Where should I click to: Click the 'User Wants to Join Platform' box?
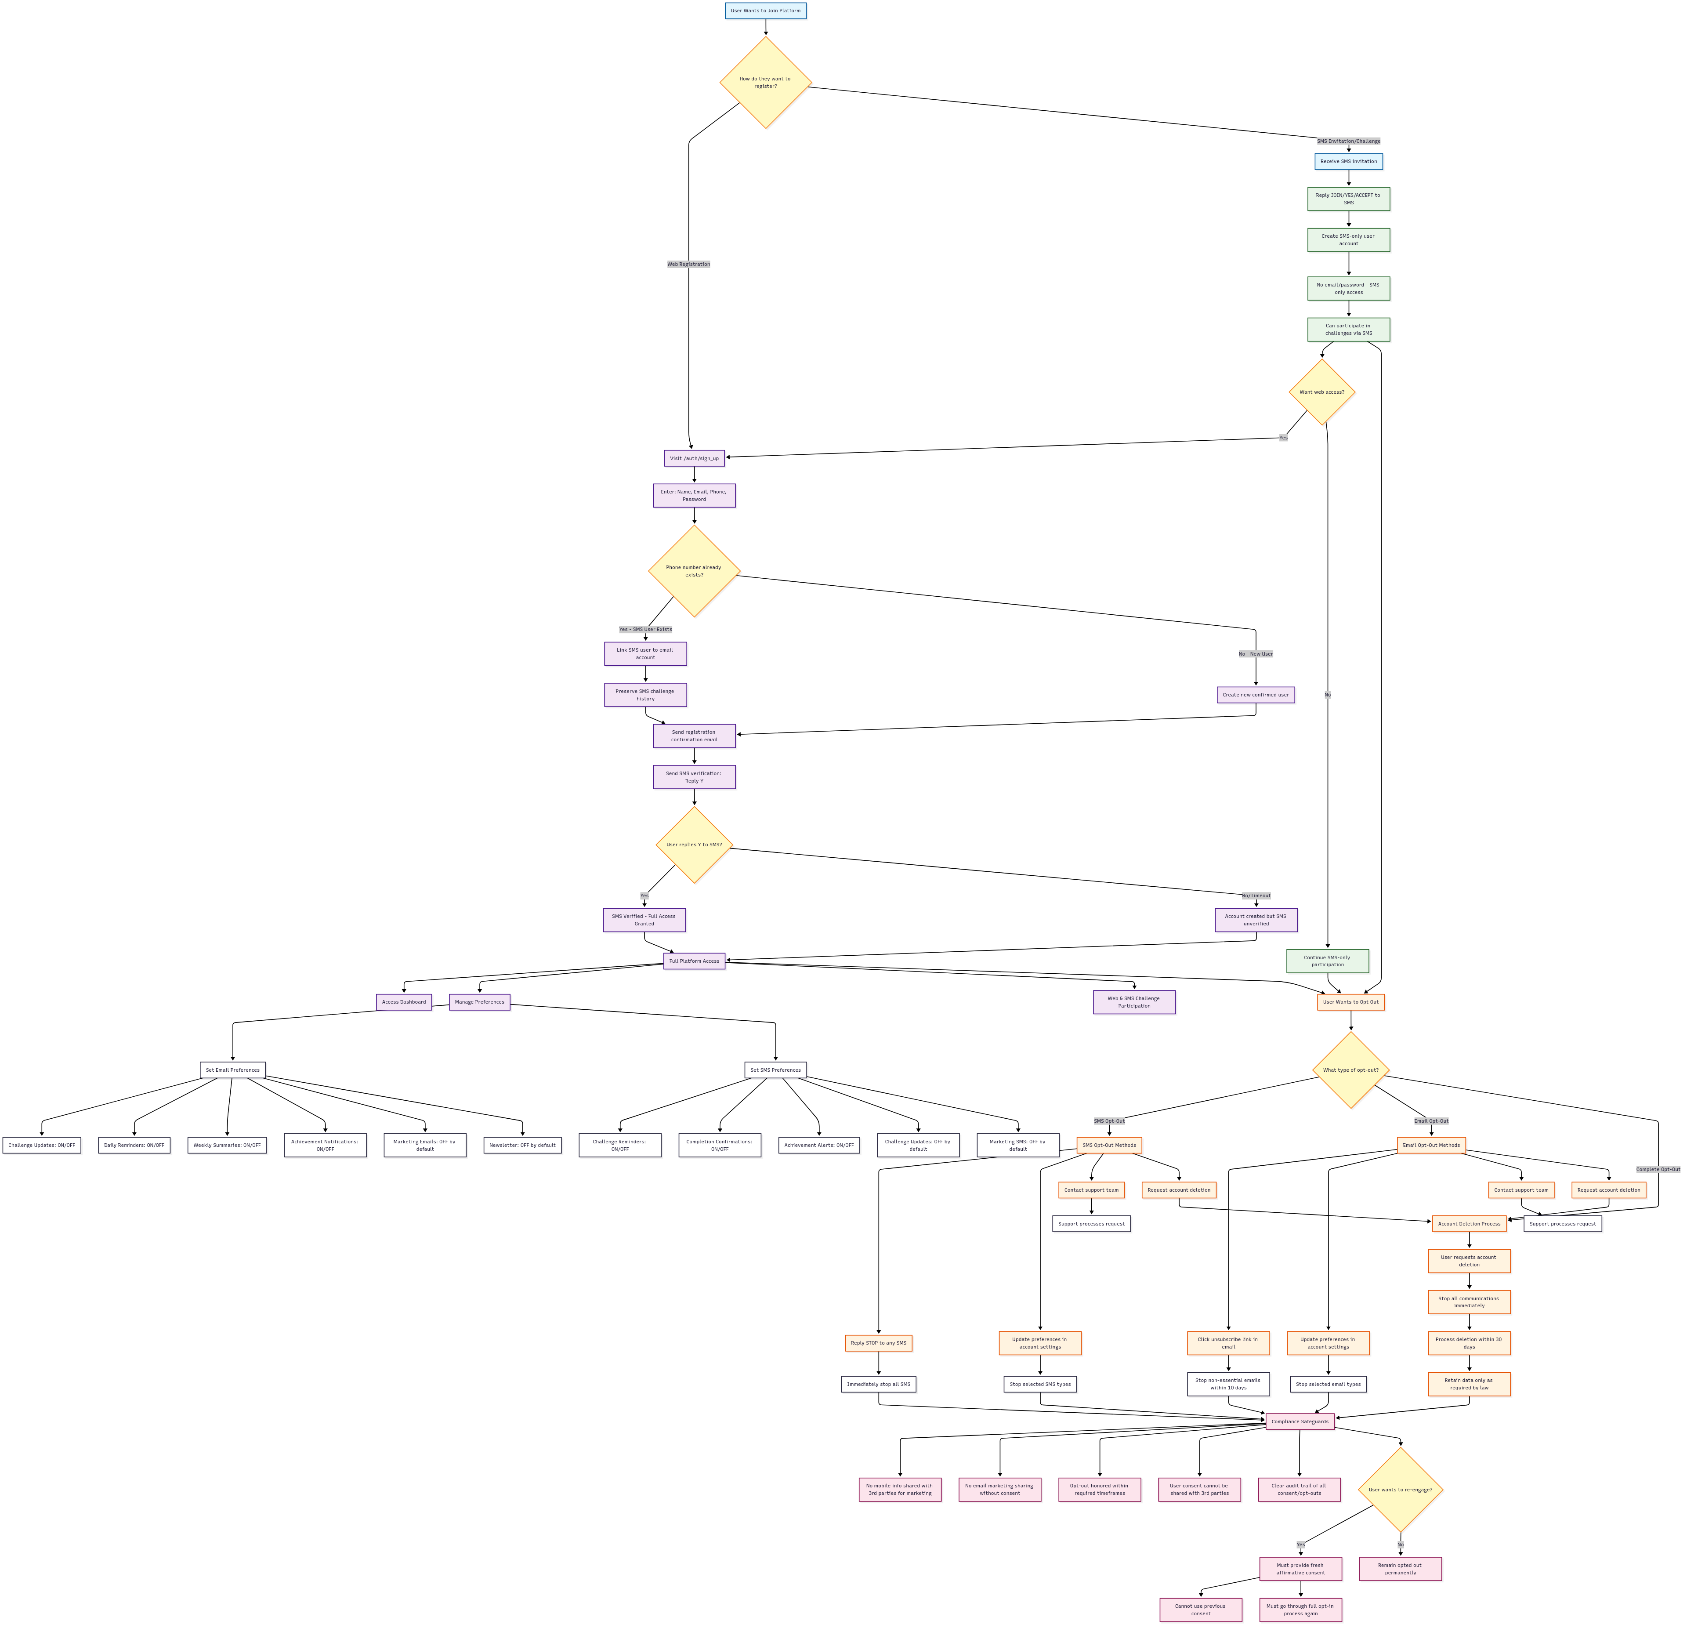[765, 11]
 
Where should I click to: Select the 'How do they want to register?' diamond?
[765, 83]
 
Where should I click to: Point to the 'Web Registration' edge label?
[688, 264]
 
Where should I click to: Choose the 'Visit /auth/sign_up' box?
[694, 458]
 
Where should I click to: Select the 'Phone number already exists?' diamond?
[694, 571]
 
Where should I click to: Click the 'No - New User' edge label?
[1255, 654]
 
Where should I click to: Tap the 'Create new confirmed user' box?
[1255, 695]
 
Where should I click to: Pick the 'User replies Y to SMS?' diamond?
[694, 845]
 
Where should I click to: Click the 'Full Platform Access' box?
[694, 961]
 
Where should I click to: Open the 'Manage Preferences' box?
[479, 1002]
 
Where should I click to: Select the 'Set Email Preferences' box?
[232, 1070]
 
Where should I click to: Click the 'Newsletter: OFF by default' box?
[522, 1145]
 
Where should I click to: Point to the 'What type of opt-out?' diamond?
[1350, 1070]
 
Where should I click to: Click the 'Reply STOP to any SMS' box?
[878, 1343]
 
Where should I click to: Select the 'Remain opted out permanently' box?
[1400, 1569]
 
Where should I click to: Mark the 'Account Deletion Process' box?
[1468, 1223]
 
